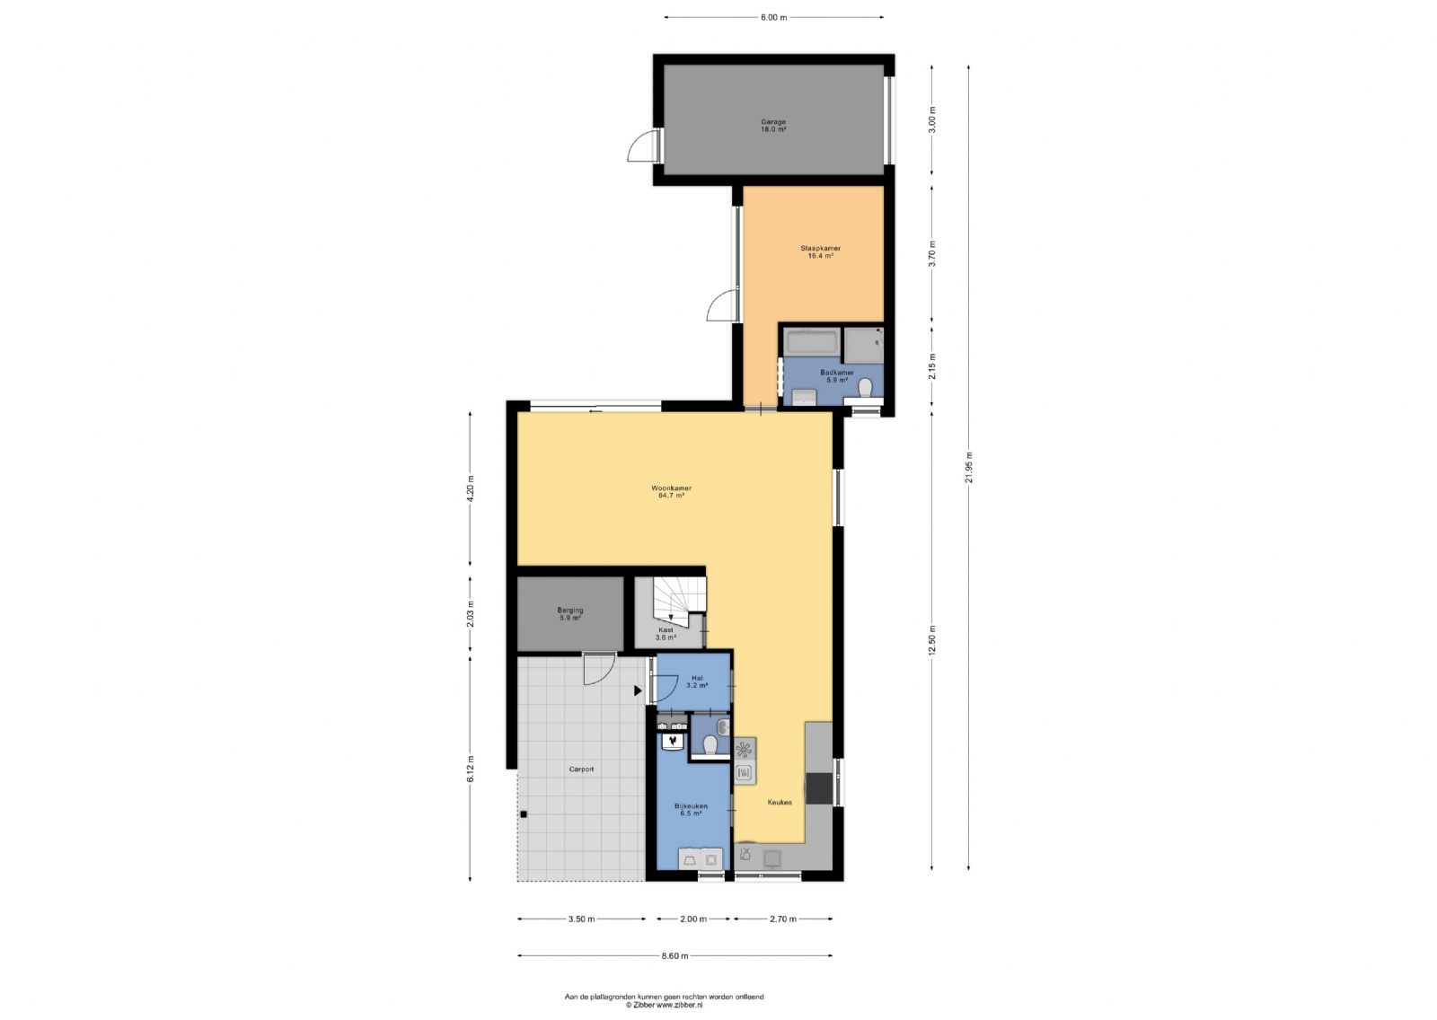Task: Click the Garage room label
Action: click(x=773, y=122)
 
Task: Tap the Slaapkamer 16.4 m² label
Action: click(x=821, y=252)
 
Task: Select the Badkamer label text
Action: click(x=837, y=373)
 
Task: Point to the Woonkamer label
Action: click(x=671, y=488)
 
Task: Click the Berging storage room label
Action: click(x=570, y=611)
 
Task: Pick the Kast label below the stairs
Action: click(x=666, y=630)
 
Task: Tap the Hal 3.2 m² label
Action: click(x=697, y=681)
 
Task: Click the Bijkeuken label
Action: click(x=691, y=806)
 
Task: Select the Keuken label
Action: click(x=780, y=803)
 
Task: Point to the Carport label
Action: click(x=581, y=769)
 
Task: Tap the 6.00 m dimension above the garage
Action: click(x=773, y=17)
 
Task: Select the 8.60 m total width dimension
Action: click(x=674, y=956)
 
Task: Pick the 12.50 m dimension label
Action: click(x=933, y=639)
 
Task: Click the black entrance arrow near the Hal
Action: click(x=638, y=690)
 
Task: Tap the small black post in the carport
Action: click(x=524, y=814)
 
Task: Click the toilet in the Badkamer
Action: click(x=866, y=388)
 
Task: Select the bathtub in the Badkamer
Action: click(x=812, y=341)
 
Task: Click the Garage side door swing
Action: click(x=642, y=145)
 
